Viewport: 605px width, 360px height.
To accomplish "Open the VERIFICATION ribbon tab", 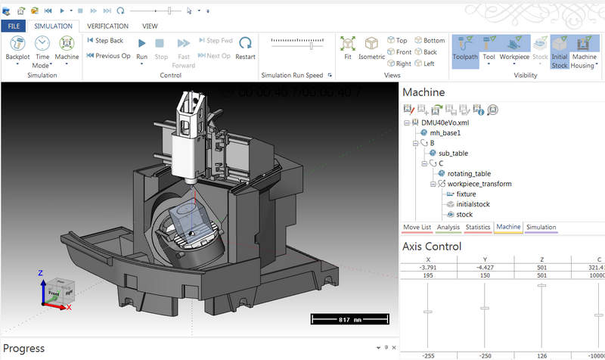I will click(107, 26).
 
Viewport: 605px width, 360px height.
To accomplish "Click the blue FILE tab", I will click(14, 26).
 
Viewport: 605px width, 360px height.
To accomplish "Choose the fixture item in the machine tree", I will click(466, 194).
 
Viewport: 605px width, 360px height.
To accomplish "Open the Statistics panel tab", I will click(478, 227).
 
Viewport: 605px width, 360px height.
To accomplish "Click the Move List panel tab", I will click(417, 227).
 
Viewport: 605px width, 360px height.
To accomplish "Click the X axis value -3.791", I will click(428, 267).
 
